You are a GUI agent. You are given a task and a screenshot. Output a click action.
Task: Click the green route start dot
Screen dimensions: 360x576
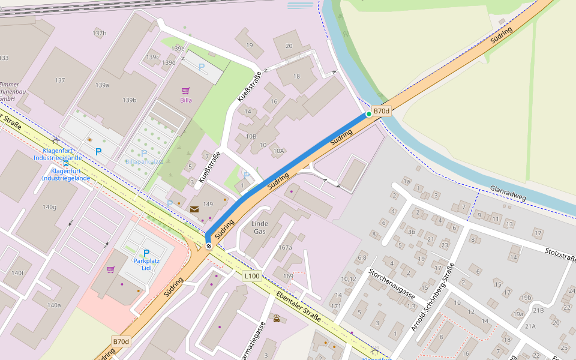pos(369,114)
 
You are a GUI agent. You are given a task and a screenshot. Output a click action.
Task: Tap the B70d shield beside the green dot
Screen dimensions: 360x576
pos(382,111)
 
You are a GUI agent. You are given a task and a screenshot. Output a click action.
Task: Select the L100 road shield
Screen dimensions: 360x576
pos(253,276)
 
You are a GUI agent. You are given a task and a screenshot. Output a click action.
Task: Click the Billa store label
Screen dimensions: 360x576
pos(186,100)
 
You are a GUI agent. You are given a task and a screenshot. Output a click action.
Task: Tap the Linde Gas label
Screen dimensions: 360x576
pos(259,227)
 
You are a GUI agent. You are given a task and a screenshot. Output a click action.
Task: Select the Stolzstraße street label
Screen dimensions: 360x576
pos(560,254)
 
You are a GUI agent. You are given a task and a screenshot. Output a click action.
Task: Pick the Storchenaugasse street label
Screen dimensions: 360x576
pos(392,284)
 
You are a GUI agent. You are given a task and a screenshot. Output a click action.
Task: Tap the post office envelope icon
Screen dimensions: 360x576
pos(194,209)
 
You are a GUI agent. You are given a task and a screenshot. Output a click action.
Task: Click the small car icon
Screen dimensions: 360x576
pos(276,318)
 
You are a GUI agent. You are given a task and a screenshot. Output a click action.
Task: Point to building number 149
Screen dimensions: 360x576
pos(208,204)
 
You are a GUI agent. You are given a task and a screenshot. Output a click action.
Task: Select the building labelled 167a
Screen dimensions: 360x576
pos(285,247)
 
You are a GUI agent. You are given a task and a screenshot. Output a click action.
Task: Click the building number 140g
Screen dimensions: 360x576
pos(49,207)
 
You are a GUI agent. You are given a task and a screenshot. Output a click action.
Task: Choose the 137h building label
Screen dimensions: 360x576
pos(99,33)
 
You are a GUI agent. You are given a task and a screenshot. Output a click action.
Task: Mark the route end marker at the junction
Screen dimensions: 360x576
pos(208,245)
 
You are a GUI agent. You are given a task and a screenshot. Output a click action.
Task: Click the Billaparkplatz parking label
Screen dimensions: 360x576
pos(144,162)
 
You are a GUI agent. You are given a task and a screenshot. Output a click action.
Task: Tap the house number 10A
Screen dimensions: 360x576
pos(278,151)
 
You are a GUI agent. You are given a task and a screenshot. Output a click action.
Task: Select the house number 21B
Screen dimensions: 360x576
pos(538,310)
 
